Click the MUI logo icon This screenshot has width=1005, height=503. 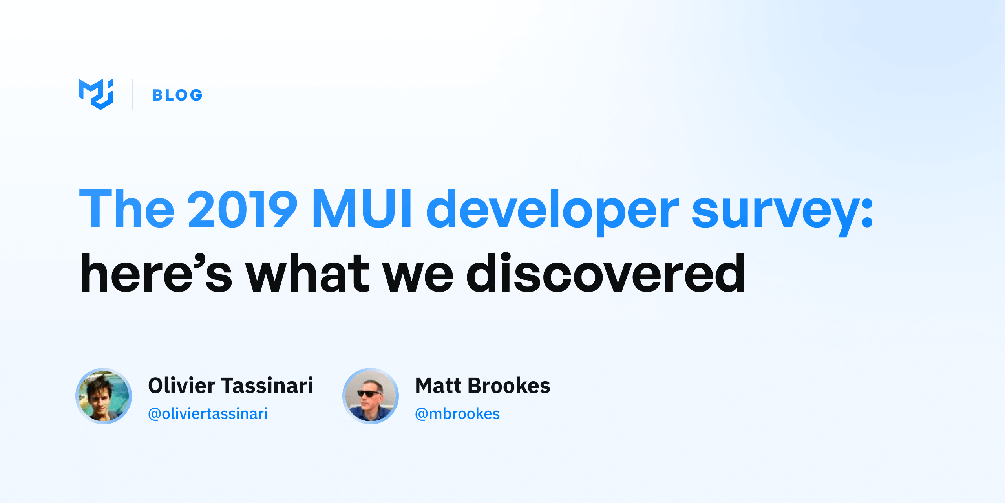tap(96, 94)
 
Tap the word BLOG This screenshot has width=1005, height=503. tap(177, 95)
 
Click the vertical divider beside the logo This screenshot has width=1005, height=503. tap(133, 94)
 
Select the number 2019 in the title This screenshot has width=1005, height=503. tap(242, 208)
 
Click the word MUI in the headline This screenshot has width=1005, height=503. tap(362, 208)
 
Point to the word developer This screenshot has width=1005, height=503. tap(552, 212)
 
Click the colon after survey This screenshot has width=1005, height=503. tap(867, 213)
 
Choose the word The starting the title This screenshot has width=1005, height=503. tap(127, 208)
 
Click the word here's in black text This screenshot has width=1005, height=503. tap(156, 273)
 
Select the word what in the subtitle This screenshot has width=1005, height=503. tap(308, 273)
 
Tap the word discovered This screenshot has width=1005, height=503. tap(606, 273)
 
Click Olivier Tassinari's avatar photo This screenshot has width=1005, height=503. tap(104, 396)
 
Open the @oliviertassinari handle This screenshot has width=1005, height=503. tap(208, 414)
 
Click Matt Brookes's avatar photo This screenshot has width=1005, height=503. tap(371, 396)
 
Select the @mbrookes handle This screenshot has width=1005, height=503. tap(457, 414)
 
